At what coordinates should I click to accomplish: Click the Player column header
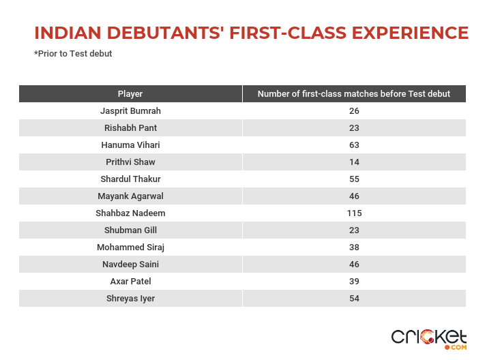tap(130, 93)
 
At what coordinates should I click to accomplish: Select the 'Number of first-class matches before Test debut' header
tap(354, 93)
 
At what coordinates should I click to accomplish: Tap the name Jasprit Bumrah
tap(130, 111)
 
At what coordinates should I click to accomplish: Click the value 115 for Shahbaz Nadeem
tap(355, 213)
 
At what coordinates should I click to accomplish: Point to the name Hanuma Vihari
tap(130, 145)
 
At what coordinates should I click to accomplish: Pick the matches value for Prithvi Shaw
tap(355, 162)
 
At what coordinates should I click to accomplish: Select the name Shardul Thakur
tap(130, 179)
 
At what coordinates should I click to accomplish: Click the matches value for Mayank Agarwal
tap(355, 196)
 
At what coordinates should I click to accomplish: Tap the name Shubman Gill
tap(130, 230)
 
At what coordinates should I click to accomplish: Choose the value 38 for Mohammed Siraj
tap(355, 247)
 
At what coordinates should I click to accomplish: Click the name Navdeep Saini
tap(130, 265)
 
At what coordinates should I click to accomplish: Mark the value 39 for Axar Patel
tap(355, 282)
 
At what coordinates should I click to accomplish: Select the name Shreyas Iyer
tap(130, 299)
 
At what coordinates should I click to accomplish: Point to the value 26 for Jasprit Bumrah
tap(355, 111)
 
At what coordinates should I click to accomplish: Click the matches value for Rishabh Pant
tap(355, 128)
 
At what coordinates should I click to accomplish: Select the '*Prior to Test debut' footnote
tap(73, 54)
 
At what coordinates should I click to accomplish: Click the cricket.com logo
tap(429, 340)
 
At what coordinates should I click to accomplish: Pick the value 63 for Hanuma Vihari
tap(355, 145)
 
